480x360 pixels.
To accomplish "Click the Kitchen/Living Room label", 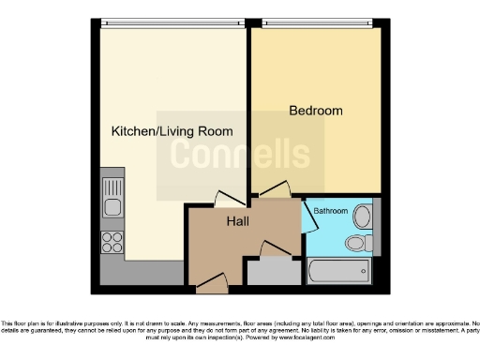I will [172, 131].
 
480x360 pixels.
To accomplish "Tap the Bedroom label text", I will [315, 111].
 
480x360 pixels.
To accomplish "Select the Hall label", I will [237, 223].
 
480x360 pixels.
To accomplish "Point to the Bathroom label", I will [330, 212].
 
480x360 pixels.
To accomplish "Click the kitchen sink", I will [112, 207].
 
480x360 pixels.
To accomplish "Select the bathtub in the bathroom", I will [338, 274].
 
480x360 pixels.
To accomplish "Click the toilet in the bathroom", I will [356, 245].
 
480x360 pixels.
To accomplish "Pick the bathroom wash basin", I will [365, 214].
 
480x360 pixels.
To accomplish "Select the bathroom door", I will [307, 218].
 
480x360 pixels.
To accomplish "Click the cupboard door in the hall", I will [273, 249].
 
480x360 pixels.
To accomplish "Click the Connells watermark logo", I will [240, 155].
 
